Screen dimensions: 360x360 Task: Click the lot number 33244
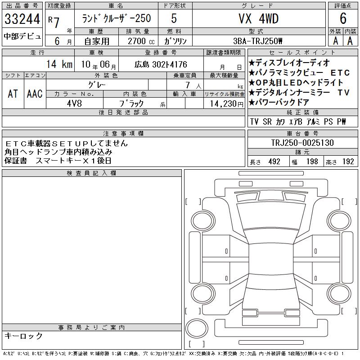coord(22,18)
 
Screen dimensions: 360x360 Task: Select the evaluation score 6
coord(343,18)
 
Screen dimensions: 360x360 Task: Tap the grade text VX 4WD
coord(259,18)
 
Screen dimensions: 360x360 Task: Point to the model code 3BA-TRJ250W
coord(257,41)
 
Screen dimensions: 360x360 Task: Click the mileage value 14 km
coord(59,64)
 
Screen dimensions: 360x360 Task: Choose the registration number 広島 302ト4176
coord(161,64)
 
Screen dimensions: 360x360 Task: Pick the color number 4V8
coord(74,103)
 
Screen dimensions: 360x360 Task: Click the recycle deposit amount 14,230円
coord(226,104)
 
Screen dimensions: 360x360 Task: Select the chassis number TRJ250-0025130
coord(302,143)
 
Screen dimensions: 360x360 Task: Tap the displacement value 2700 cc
coord(141,41)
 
